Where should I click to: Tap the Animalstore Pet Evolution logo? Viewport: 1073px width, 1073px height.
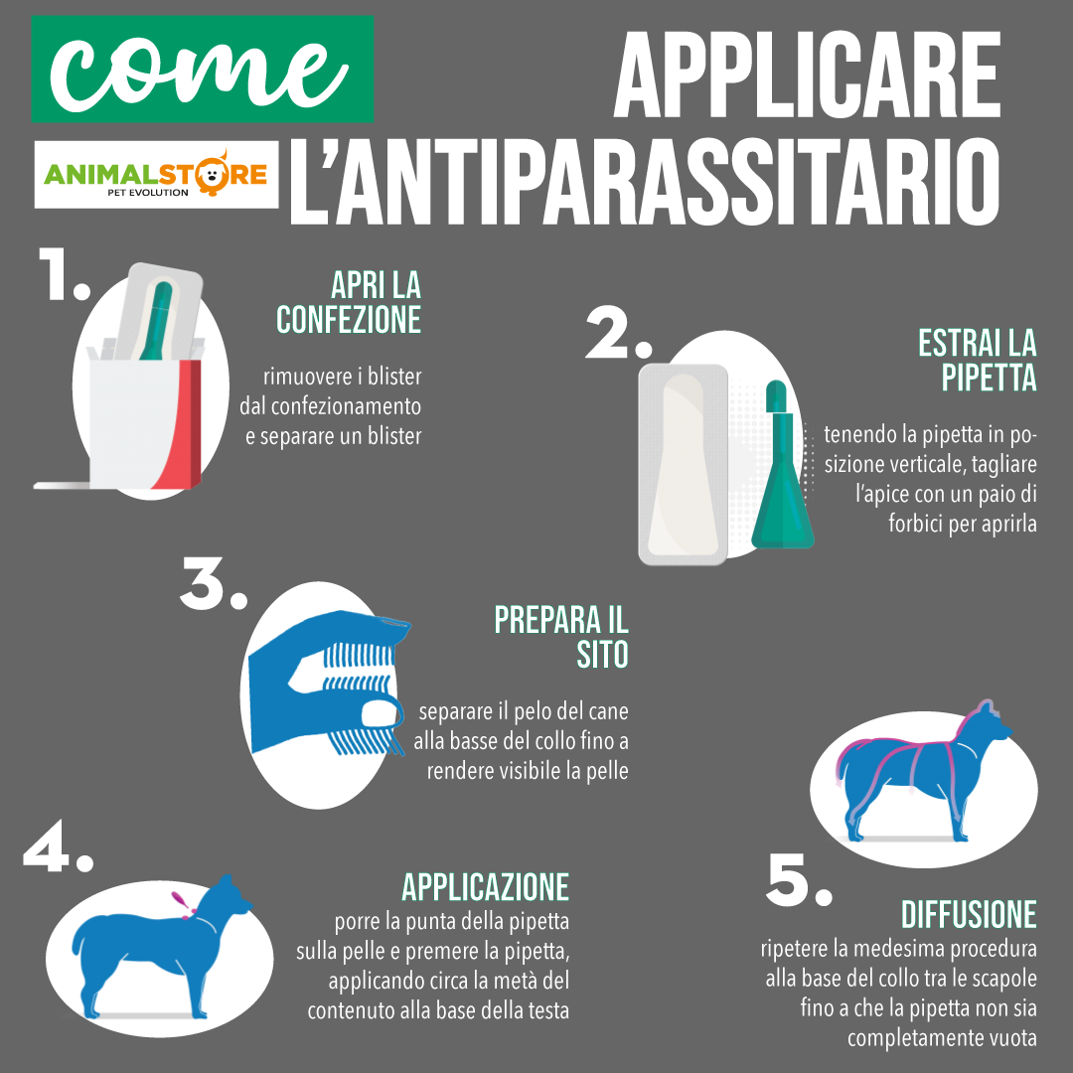[x=157, y=174]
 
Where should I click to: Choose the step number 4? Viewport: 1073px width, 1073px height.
[x=57, y=847]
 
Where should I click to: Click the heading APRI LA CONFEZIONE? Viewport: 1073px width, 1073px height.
[x=349, y=302]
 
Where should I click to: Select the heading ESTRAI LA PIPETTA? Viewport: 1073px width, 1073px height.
[x=978, y=360]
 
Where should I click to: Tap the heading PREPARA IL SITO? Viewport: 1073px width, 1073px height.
[x=561, y=637]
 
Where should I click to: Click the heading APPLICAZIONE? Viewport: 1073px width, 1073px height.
[x=485, y=886]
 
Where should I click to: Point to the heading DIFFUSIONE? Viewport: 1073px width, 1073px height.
[x=969, y=913]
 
